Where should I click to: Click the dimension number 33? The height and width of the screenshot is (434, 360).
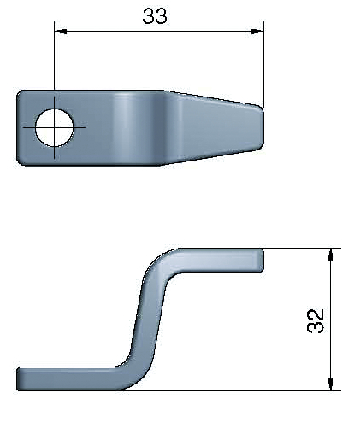155,16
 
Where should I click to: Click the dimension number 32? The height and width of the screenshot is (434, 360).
316,320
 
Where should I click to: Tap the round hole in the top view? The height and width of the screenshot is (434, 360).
54,127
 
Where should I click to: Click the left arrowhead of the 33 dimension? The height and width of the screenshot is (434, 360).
61,31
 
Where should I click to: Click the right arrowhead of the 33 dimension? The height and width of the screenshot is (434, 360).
257,31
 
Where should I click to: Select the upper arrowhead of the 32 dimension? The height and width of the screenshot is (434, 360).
330,255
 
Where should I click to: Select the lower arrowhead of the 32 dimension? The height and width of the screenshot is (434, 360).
330,384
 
